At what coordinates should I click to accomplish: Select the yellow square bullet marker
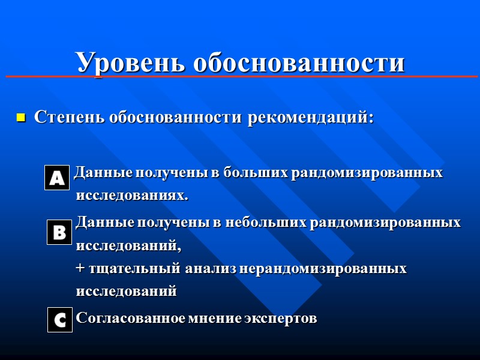20,118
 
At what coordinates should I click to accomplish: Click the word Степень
68,117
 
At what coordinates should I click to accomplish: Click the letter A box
57,178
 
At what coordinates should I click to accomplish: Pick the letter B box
59,232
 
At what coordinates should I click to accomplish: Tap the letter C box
59,320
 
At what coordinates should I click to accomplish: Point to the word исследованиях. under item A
131,196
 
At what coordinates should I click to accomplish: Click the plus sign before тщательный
80,269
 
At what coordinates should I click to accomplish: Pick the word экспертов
280,318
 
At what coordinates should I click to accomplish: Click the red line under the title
240,77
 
